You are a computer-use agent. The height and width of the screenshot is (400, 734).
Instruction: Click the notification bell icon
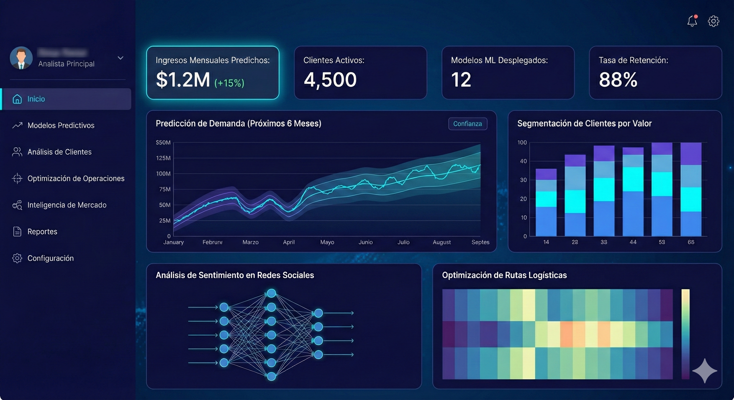pyautogui.click(x=692, y=21)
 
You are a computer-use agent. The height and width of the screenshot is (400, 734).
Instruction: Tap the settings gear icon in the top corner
pyautogui.click(x=713, y=21)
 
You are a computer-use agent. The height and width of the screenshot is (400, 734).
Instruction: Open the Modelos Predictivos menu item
pyautogui.click(x=61, y=125)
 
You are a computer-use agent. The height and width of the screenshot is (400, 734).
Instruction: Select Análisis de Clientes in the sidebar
pyautogui.click(x=59, y=152)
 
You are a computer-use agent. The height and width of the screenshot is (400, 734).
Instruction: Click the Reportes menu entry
pyautogui.click(x=42, y=232)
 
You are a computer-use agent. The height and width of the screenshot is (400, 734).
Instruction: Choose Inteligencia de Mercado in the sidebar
pyautogui.click(x=67, y=205)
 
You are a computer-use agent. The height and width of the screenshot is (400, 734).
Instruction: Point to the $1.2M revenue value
pyautogui.click(x=183, y=80)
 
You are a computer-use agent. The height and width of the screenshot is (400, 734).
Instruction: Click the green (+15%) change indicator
pyautogui.click(x=229, y=83)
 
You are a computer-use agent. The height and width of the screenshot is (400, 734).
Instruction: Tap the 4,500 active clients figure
pyautogui.click(x=330, y=80)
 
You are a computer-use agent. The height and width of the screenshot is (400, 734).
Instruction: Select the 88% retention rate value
pyautogui.click(x=618, y=80)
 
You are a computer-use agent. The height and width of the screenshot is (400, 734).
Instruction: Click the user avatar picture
pyautogui.click(x=21, y=58)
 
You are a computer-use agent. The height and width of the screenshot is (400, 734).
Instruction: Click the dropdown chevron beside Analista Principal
pyautogui.click(x=120, y=58)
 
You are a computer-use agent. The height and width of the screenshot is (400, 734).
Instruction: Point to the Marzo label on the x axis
pyautogui.click(x=250, y=242)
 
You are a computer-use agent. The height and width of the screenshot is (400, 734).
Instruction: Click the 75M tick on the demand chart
pyautogui.click(x=164, y=189)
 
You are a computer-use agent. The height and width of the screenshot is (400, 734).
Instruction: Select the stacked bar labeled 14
pyautogui.click(x=546, y=202)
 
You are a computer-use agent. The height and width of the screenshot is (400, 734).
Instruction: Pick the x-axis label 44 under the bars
pyautogui.click(x=633, y=242)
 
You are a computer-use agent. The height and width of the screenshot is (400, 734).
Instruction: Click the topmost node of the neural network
pyautogui.click(x=271, y=293)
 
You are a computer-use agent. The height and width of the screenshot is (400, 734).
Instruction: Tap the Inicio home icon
pyautogui.click(x=17, y=99)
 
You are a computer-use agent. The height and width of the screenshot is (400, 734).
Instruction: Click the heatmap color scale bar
pyautogui.click(x=685, y=334)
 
